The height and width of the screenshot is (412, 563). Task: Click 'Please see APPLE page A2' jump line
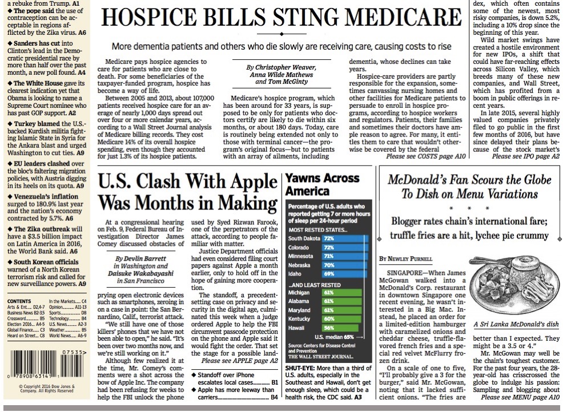(239, 361)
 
